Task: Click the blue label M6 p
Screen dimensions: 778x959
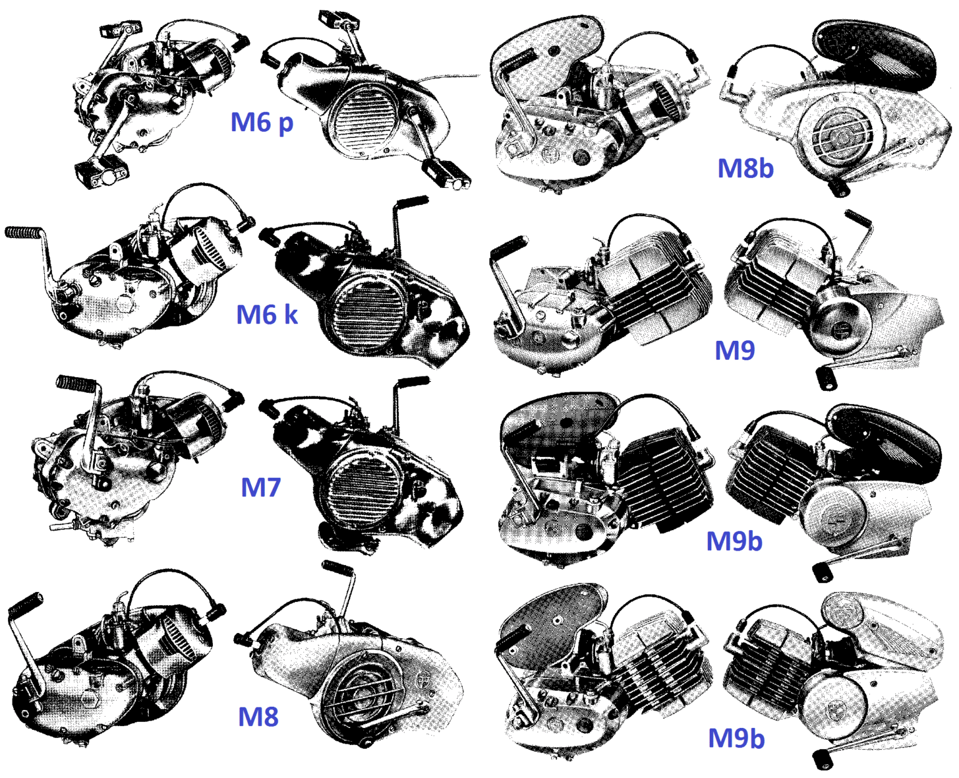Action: [262, 122]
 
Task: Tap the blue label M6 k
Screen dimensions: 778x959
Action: [267, 314]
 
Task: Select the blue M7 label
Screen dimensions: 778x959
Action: [260, 487]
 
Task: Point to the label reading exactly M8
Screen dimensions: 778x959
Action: [258, 716]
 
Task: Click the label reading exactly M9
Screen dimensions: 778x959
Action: [734, 350]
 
